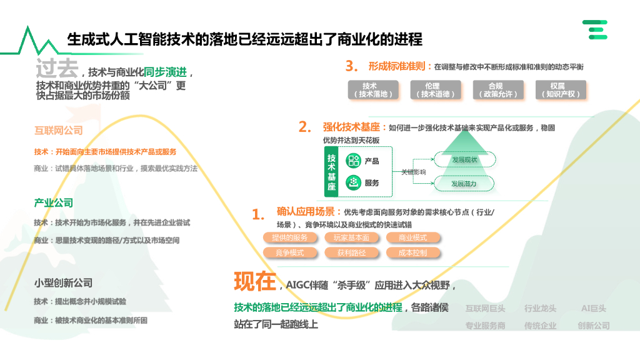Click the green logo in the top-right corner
[x=595, y=29]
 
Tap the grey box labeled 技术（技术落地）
[x=369, y=90]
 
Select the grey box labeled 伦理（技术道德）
[x=432, y=90]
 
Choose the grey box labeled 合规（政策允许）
[x=496, y=90]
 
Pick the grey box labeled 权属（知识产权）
[x=558, y=90]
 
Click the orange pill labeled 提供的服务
[x=289, y=238]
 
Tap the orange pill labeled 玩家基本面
[x=351, y=238]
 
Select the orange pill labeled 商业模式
[x=413, y=238]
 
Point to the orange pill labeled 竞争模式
[x=289, y=253]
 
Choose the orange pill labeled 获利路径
[x=351, y=253]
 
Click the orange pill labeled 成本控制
[x=413, y=253]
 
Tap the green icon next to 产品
[x=354, y=161]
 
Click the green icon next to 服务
[x=354, y=182]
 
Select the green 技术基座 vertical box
[x=331, y=172]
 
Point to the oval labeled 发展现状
[x=464, y=160]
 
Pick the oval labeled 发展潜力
[x=464, y=184]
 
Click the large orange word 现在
[x=254, y=282]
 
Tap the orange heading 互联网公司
[x=58, y=131]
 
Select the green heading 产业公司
[x=53, y=202]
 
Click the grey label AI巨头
[x=594, y=308]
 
